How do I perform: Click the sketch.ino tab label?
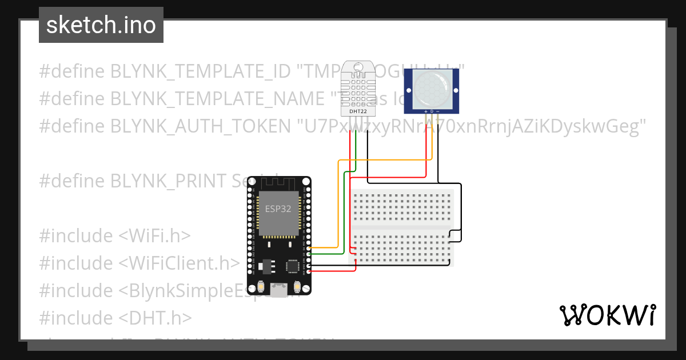click(x=101, y=25)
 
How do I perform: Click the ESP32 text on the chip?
click(x=278, y=209)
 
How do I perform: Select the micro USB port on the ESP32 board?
click(x=280, y=291)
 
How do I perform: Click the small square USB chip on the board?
click(x=293, y=266)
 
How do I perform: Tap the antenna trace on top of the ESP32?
click(x=278, y=185)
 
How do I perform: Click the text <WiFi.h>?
click(x=154, y=236)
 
